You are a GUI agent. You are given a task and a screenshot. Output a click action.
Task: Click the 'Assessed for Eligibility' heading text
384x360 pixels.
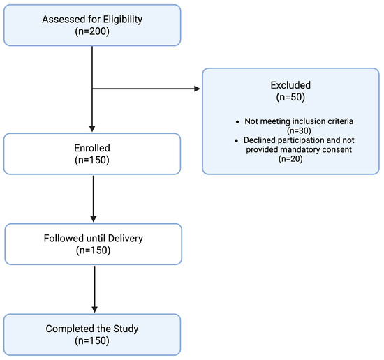[92, 20]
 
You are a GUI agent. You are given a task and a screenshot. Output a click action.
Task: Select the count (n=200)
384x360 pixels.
[92, 31]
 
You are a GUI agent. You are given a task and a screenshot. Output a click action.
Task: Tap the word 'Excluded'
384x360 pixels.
[290, 85]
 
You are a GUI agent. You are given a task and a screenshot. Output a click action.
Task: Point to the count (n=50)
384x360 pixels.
[290, 97]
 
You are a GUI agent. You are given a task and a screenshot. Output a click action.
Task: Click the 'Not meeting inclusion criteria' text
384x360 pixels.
[299, 121]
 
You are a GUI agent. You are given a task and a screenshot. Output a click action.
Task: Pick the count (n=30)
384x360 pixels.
[299, 130]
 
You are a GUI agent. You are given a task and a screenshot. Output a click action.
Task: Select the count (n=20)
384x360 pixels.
[290, 159]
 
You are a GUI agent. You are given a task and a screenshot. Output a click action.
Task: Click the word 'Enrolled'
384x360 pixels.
[92, 148]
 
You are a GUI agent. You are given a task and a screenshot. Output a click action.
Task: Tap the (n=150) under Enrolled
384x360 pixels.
[92, 160]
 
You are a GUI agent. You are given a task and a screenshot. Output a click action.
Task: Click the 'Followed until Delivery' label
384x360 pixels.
[94, 239]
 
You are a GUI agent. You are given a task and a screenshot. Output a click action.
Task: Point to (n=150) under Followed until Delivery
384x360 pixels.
[94, 250]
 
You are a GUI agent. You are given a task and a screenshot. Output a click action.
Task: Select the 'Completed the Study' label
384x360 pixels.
[92, 329]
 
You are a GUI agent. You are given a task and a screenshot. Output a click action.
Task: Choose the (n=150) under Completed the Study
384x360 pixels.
[92, 340]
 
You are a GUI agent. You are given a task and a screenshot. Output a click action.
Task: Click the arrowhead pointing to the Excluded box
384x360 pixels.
[198, 89]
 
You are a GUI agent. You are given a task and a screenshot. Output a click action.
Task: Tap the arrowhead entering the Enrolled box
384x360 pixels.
[92, 129]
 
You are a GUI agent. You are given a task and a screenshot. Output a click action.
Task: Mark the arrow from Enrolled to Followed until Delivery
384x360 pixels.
[94, 199]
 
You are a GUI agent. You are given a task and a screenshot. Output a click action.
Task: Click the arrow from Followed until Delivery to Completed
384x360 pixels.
[94, 290]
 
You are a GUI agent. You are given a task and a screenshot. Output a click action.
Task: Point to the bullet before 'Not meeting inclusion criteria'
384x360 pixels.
[237, 121]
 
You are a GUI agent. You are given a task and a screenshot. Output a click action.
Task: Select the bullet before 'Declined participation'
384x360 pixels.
[236, 141]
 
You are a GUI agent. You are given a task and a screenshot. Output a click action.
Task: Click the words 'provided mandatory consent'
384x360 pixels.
[299, 149]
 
